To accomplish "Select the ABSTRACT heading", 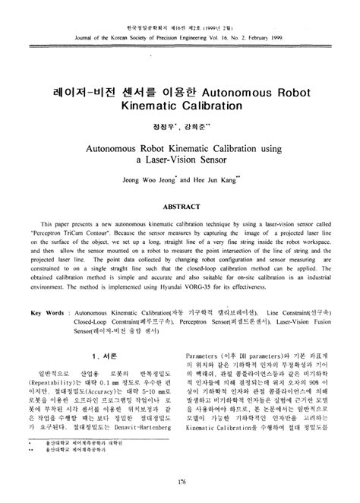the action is tap(180, 205).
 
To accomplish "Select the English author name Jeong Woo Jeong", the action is tap(134, 182).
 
